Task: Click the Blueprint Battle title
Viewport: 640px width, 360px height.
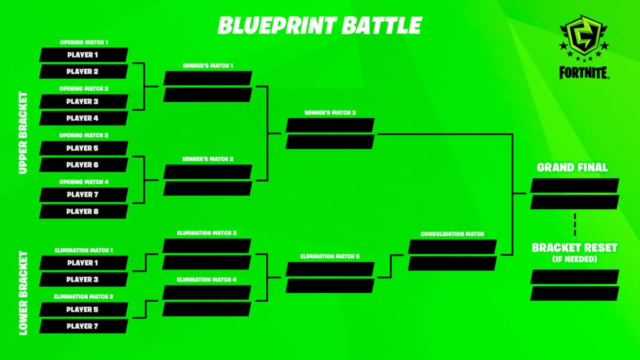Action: pos(319,25)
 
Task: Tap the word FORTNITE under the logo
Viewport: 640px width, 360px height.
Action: pos(584,72)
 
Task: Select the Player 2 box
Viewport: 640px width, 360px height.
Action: pos(84,71)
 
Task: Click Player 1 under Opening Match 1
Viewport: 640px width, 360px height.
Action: pos(84,55)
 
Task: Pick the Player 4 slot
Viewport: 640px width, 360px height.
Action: pos(84,118)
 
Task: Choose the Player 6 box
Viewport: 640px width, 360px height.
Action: pos(84,165)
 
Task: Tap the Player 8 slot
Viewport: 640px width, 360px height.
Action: pos(84,211)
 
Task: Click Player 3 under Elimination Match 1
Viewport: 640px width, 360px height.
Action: pos(84,279)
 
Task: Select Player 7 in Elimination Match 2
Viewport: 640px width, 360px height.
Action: pos(84,326)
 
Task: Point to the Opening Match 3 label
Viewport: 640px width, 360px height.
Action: pos(84,135)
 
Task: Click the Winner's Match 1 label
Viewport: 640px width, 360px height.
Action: pos(207,66)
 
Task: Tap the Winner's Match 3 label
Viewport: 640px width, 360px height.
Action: pos(330,112)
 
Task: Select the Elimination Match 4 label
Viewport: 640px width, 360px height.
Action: pos(206,279)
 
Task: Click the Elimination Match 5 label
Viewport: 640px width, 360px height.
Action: pos(330,256)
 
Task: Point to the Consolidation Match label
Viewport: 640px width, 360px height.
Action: pos(452,234)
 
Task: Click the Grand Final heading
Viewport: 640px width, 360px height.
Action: pos(572,167)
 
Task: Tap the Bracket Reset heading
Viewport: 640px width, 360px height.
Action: pos(574,247)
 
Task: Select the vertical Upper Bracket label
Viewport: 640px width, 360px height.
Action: pos(23,132)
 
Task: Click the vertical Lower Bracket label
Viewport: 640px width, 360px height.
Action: pos(23,293)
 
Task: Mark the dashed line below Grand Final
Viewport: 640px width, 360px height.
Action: pos(575,224)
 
